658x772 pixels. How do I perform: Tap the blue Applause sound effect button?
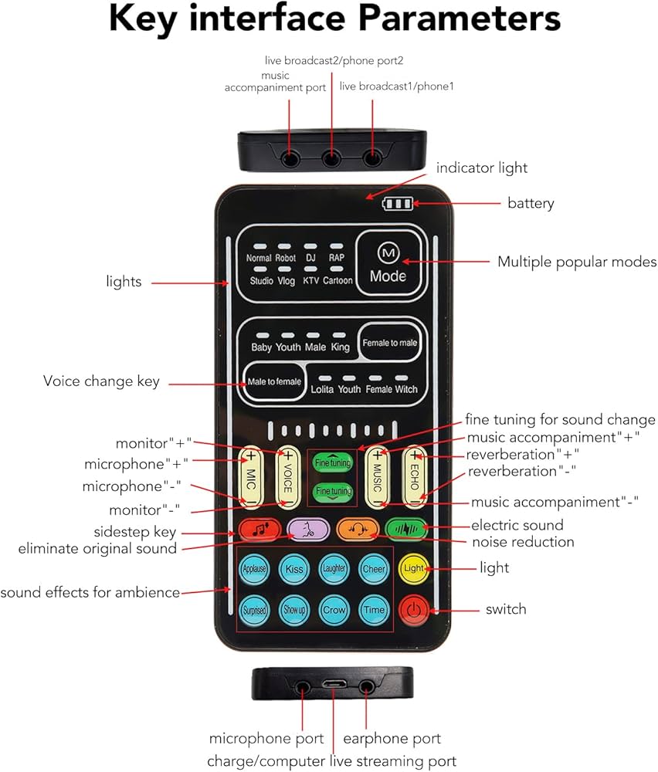pyautogui.click(x=254, y=569)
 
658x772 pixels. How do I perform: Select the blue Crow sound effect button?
pyautogui.click(x=334, y=610)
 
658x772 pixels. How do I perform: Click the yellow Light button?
pyautogui.click(x=414, y=568)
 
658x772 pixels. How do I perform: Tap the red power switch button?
pyautogui.click(x=414, y=610)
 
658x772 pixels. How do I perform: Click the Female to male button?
pyautogui.click(x=389, y=343)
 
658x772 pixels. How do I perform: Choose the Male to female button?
pyautogui.click(x=274, y=382)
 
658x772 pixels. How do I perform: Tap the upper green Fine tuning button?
pyautogui.click(x=332, y=463)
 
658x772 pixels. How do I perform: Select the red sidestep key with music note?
pyautogui.click(x=254, y=530)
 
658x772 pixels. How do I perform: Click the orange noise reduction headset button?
pyautogui.click(x=357, y=530)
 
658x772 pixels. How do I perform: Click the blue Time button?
pyautogui.click(x=374, y=610)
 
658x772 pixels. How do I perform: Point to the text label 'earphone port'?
pyautogui.click(x=392, y=739)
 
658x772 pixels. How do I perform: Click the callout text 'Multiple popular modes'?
pyautogui.click(x=576, y=262)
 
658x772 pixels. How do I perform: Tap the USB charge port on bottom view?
pyautogui.click(x=334, y=684)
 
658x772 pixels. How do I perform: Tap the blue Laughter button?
pyautogui.click(x=334, y=569)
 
